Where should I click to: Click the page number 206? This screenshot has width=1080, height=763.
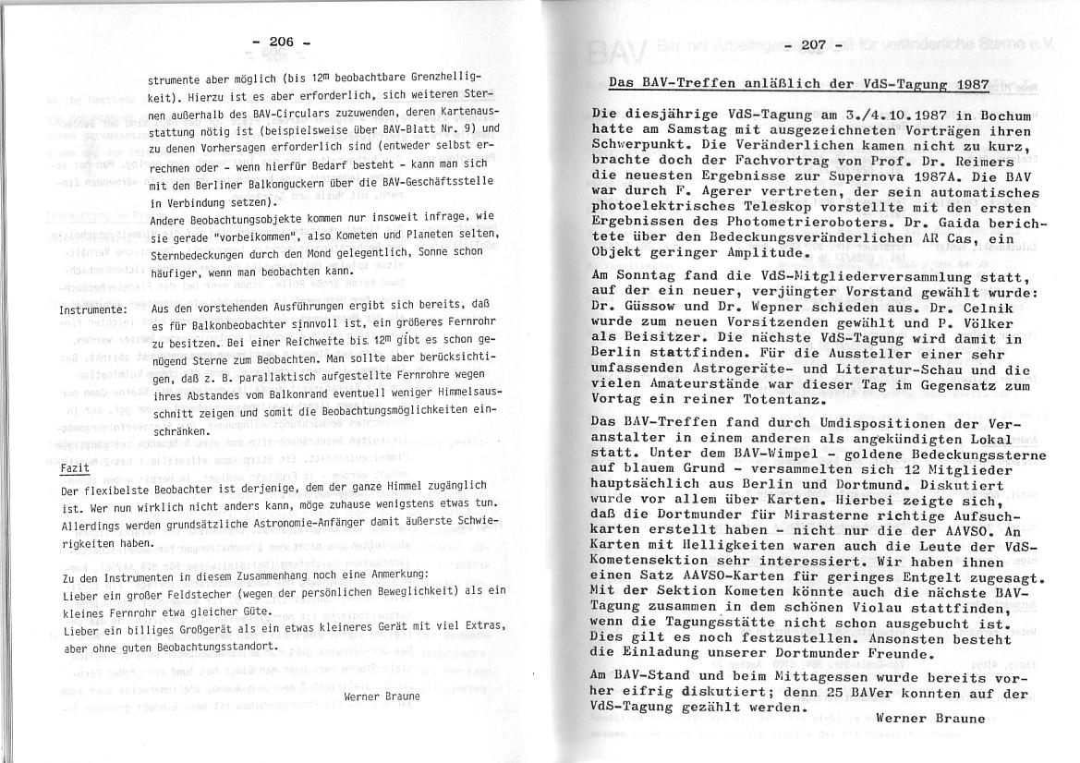(281, 42)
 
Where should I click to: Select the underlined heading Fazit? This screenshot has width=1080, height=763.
(74, 467)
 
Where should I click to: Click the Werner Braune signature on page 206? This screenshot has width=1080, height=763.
(382, 696)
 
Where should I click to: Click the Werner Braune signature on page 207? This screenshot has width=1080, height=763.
(931, 717)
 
